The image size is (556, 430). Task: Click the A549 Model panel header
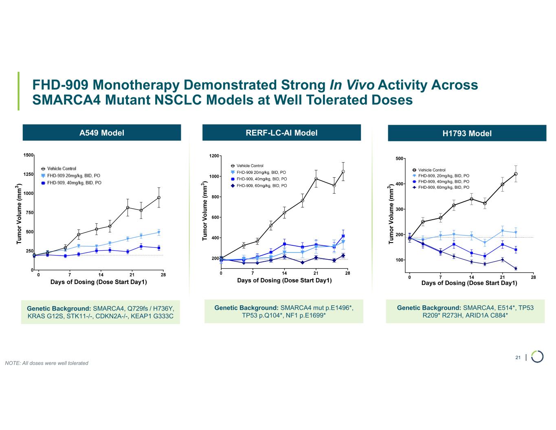tap(101, 132)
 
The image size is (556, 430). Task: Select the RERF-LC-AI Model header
tap(281, 132)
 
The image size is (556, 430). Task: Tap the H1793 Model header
tap(467, 133)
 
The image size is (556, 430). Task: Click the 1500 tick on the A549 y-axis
tap(28, 155)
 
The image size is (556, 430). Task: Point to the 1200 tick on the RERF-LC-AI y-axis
tap(213, 156)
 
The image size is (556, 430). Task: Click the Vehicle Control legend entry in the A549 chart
tap(61, 168)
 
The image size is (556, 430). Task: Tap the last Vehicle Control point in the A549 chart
tap(159, 198)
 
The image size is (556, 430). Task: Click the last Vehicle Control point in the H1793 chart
tap(516, 174)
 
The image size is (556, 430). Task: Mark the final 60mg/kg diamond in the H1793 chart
tap(516, 269)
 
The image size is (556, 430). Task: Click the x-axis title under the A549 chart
tap(99, 282)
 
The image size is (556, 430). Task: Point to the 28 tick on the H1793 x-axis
tap(533, 277)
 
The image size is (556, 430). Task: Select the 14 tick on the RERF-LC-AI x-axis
tap(284, 273)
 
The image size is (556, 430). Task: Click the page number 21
tap(518, 357)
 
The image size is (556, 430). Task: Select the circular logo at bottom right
tap(537, 356)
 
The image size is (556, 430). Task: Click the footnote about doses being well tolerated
tap(46, 363)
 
